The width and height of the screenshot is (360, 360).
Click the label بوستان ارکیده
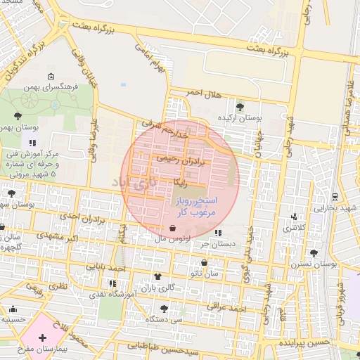click(240, 118)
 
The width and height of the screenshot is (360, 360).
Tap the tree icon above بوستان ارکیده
click(240, 107)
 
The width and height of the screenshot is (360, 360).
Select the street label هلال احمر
click(204, 94)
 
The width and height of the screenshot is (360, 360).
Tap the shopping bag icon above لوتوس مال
click(173, 229)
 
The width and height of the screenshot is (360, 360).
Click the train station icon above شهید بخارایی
click(335, 197)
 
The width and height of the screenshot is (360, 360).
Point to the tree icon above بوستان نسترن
click(314, 253)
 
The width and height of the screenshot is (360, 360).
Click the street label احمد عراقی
click(227, 308)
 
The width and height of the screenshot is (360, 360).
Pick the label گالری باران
click(156, 288)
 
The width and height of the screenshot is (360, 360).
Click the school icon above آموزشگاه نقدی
click(112, 283)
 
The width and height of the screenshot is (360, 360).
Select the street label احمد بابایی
click(106, 268)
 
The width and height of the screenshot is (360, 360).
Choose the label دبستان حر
click(217, 244)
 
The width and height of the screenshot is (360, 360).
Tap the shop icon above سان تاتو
click(204, 262)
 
